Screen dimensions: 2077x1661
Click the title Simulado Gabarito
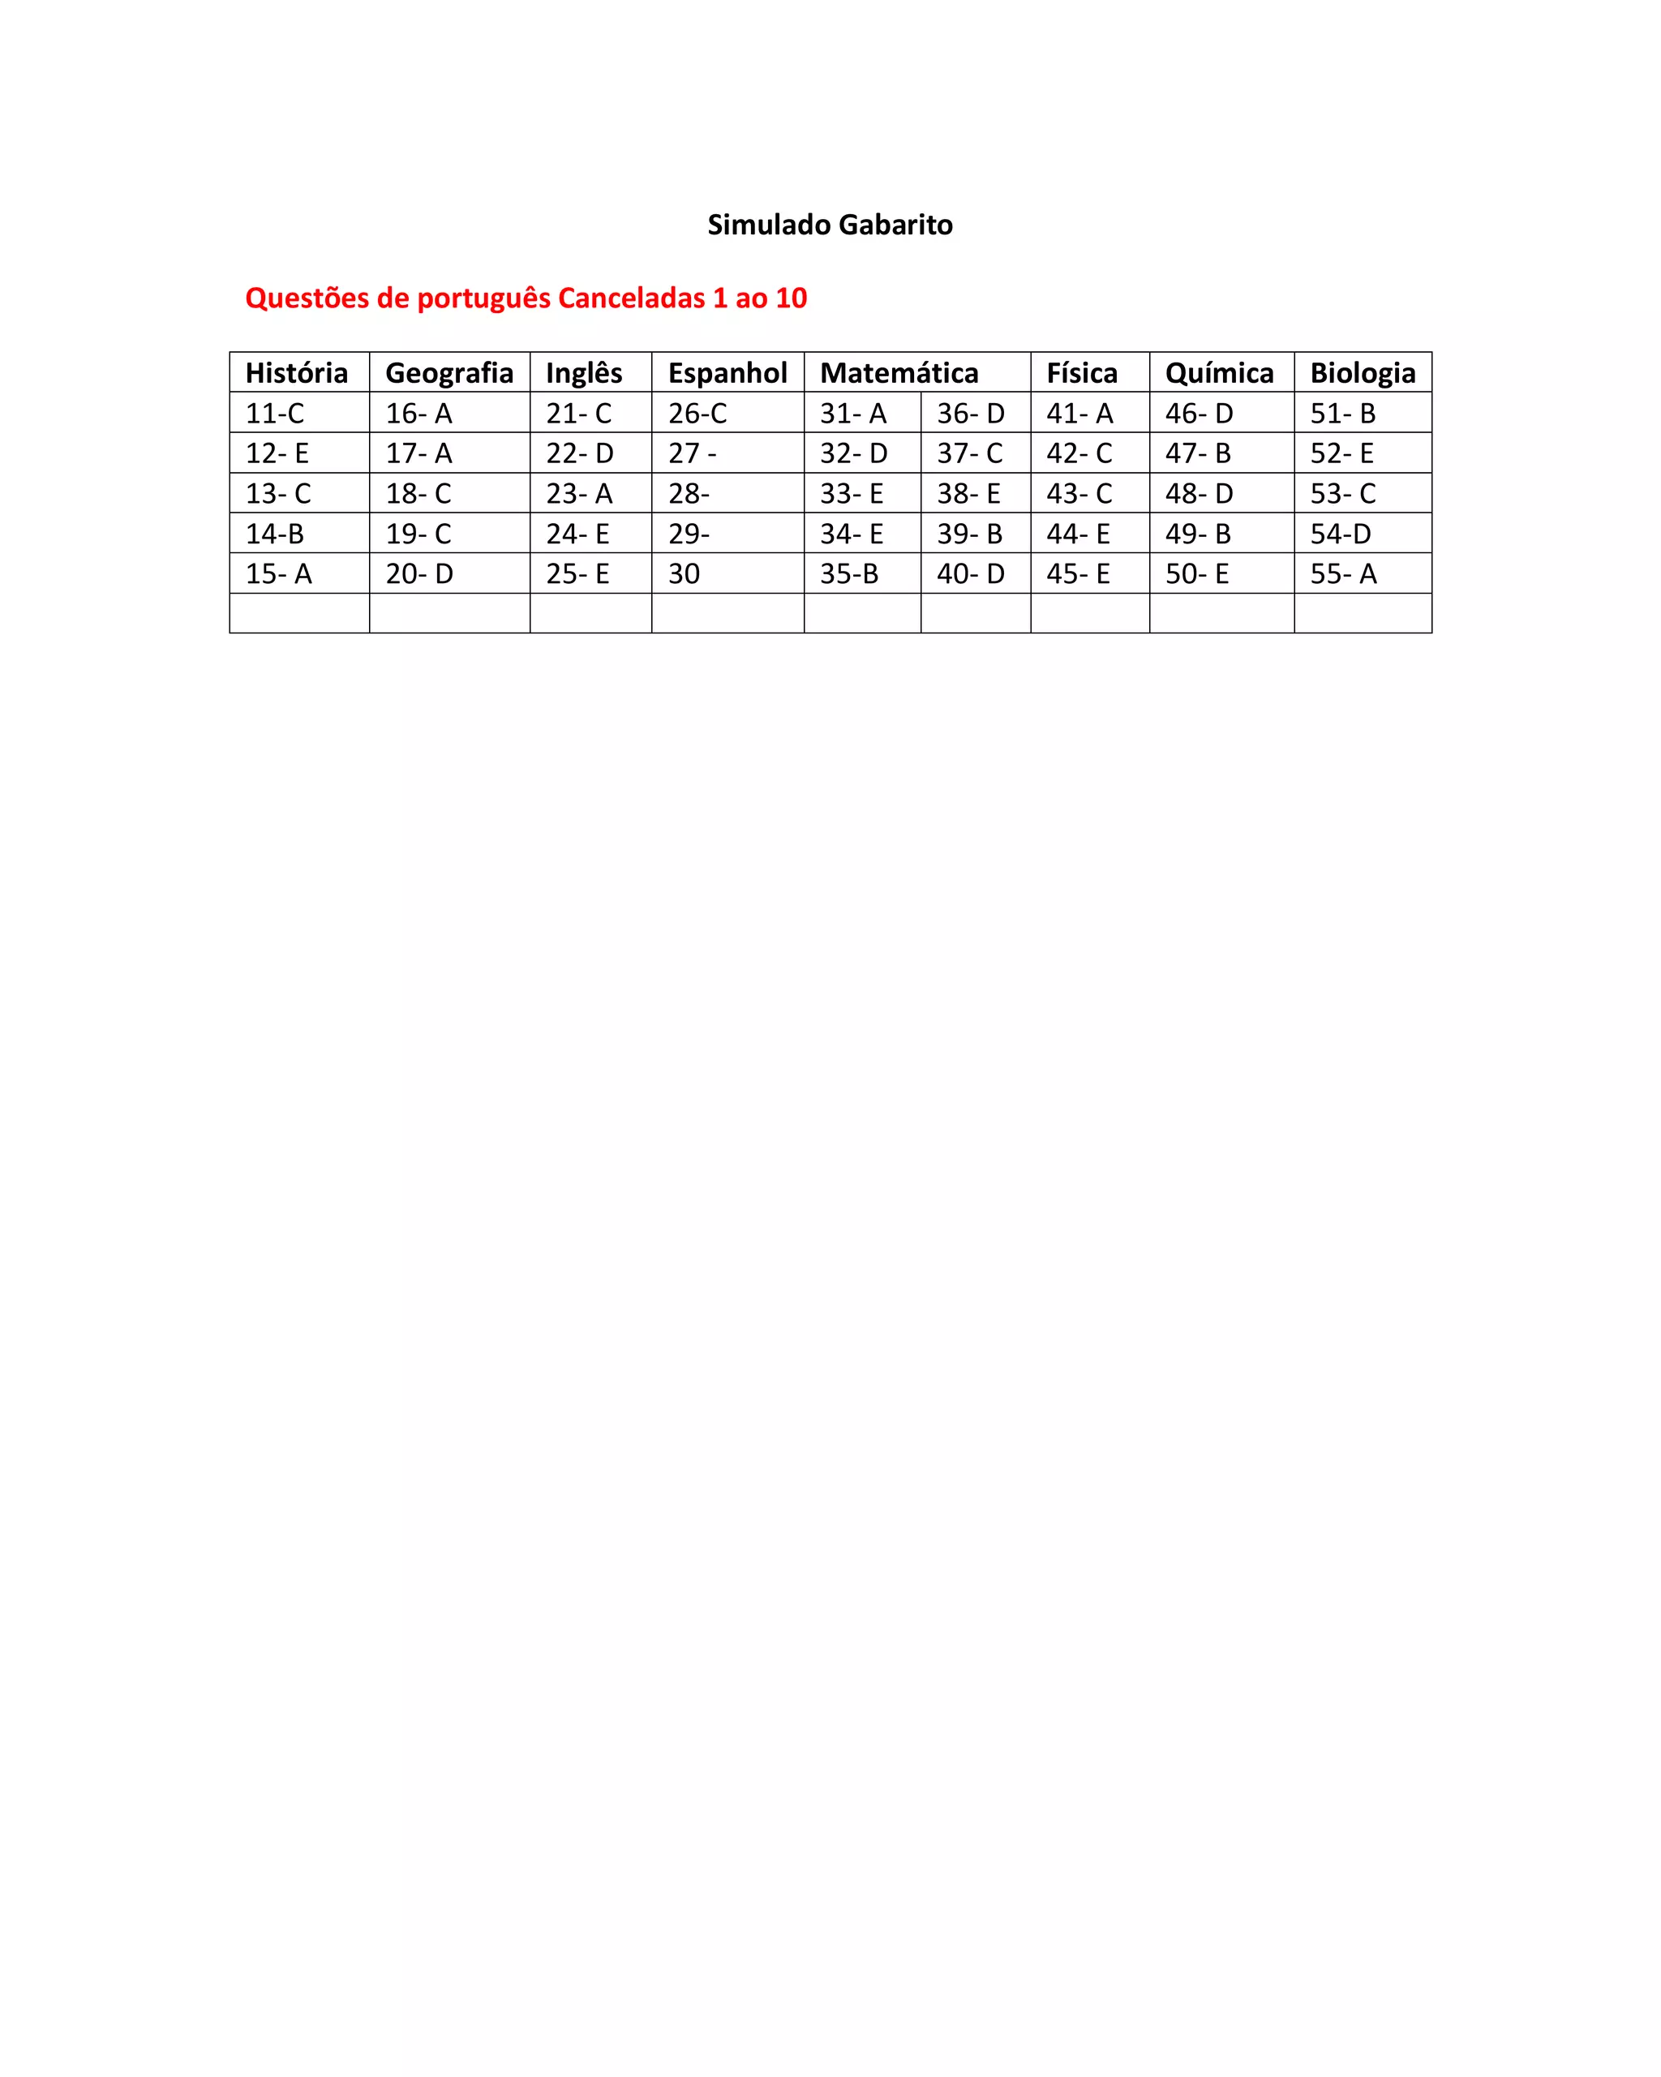(x=830, y=225)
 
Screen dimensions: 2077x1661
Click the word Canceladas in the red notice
(x=631, y=298)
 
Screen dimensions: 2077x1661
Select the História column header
(x=297, y=373)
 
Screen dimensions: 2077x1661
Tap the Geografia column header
(x=449, y=373)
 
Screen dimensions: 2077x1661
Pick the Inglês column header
(x=584, y=373)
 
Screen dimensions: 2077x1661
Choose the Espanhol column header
(x=727, y=373)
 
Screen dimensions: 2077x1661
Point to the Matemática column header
(x=899, y=373)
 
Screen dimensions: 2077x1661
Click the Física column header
(x=1082, y=373)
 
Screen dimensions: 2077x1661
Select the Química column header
(x=1219, y=373)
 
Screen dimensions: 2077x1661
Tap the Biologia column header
(x=1363, y=373)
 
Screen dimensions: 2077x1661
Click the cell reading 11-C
(x=276, y=414)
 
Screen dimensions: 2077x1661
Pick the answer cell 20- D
(x=419, y=574)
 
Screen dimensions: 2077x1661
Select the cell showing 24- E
(x=578, y=534)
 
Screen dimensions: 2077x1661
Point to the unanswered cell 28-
(x=689, y=493)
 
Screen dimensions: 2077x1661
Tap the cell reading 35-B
(x=849, y=574)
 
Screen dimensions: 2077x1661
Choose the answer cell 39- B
(x=969, y=534)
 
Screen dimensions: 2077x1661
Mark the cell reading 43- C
(x=1079, y=493)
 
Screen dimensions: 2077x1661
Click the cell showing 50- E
(x=1196, y=574)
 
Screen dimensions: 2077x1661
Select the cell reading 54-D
(x=1340, y=534)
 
